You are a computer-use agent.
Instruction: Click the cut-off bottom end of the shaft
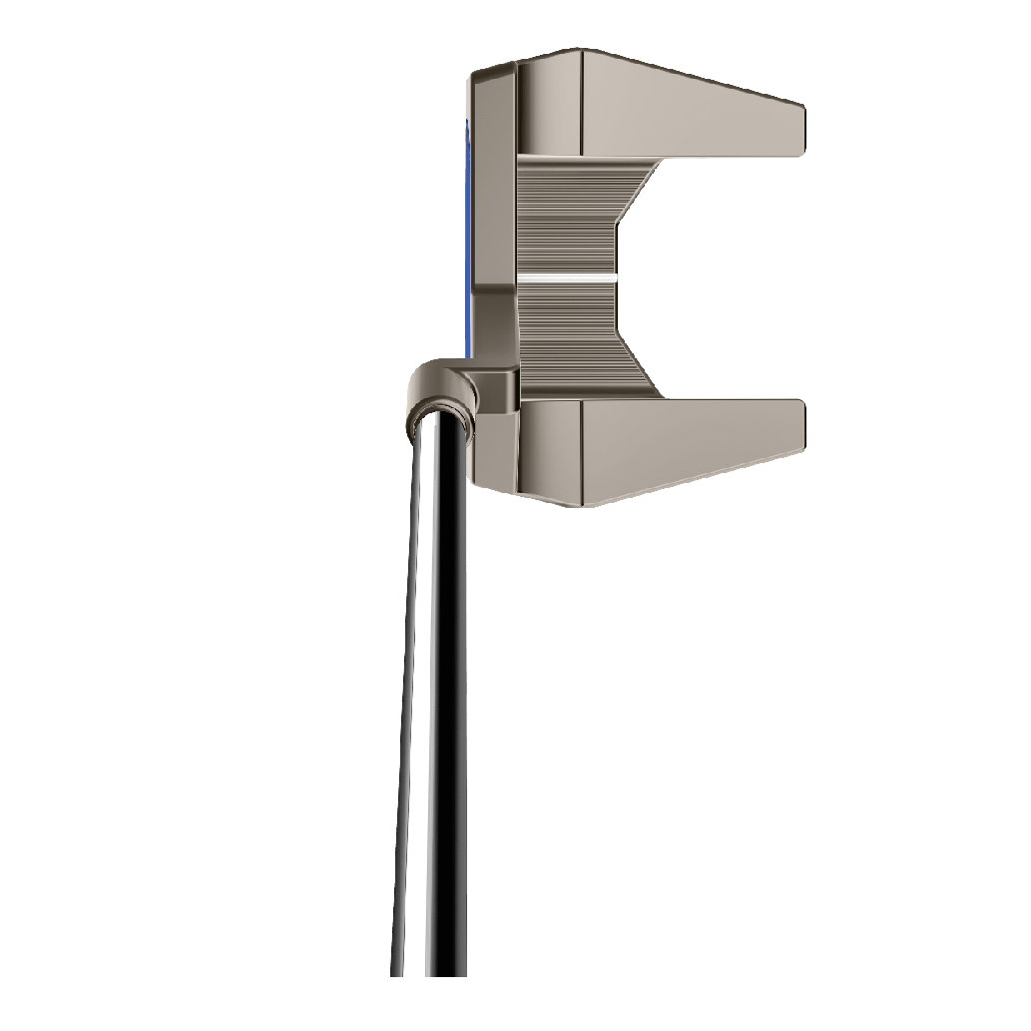point(429,972)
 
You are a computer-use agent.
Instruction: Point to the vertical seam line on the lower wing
point(582,449)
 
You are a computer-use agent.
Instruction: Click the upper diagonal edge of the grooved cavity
point(640,190)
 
